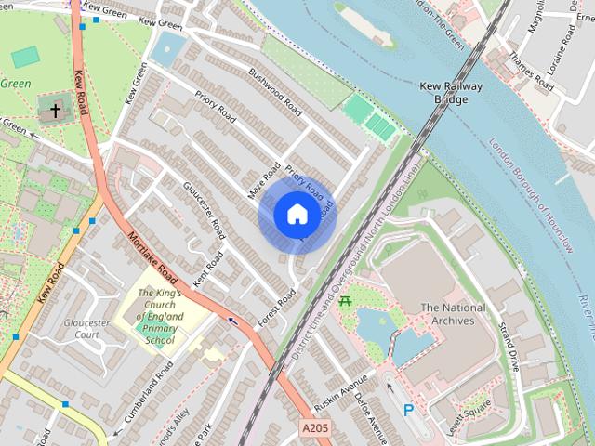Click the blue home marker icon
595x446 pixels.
[x=297, y=215]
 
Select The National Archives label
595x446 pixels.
[x=453, y=314]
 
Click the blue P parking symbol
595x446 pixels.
[x=408, y=409]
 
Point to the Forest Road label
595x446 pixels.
[x=276, y=306]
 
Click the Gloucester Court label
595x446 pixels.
[x=86, y=329]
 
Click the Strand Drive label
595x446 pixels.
[x=508, y=347]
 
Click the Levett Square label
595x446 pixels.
[x=467, y=407]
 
